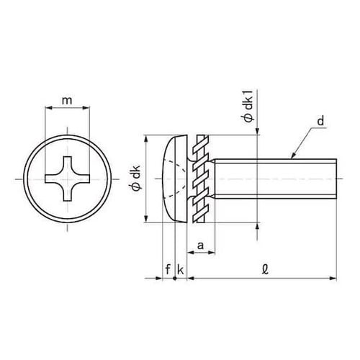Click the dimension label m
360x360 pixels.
pos(67,101)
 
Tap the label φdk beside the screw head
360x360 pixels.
pos(137,178)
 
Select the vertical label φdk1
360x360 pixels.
pos(249,107)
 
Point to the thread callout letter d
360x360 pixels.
pos(320,120)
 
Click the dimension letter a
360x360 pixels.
pos(200,246)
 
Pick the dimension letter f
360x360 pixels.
pos(168,269)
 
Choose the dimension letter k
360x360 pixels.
pos(180,269)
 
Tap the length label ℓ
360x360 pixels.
pos(265,270)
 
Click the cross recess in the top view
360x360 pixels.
pos(67,179)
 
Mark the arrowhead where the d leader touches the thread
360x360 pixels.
pos(293,156)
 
